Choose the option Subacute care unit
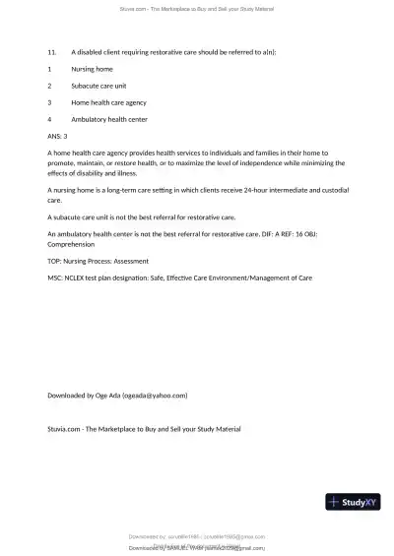click(x=97, y=86)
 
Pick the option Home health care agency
click(x=108, y=102)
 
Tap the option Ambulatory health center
click(x=109, y=119)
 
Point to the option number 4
click(x=49, y=119)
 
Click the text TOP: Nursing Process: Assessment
click(x=98, y=261)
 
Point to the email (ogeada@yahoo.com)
click(x=155, y=395)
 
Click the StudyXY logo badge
click(x=353, y=502)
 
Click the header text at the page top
click(x=197, y=8)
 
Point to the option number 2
click(x=49, y=86)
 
